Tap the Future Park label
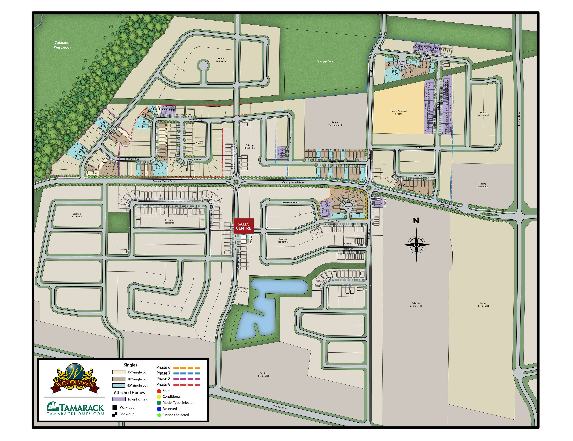[x=325, y=62]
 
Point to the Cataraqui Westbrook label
[x=62, y=45]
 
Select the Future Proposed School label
[x=398, y=112]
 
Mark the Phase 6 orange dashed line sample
[x=187, y=368]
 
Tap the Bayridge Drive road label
[x=519, y=119]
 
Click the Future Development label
[x=335, y=124]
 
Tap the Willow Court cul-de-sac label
[x=402, y=63]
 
